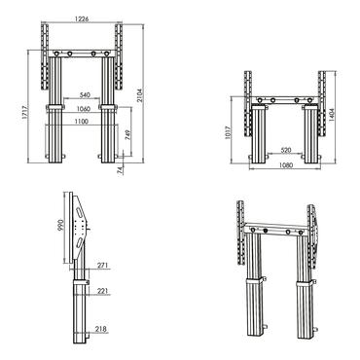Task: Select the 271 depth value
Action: [102, 265]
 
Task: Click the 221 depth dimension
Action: [102, 289]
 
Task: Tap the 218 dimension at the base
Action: [102, 330]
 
